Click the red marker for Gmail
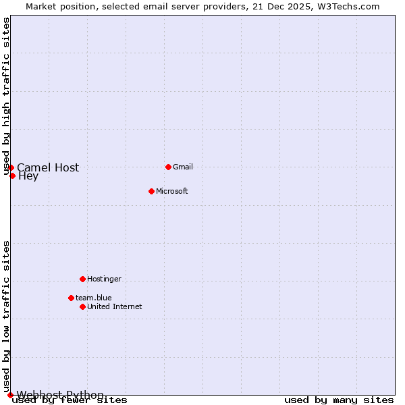[x=168, y=167]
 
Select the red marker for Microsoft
[x=151, y=191]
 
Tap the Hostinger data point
[x=82, y=279]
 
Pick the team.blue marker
[x=71, y=298]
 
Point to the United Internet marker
[x=82, y=306]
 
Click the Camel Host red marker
[x=11, y=167]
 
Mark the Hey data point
[x=12, y=175]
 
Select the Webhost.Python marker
[x=10, y=395]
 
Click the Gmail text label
[x=183, y=167]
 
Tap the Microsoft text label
[x=172, y=191]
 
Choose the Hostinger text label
[x=104, y=279]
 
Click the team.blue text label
[x=94, y=298]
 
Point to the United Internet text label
[x=115, y=306]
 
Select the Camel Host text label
[x=48, y=167]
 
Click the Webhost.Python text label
[x=60, y=395]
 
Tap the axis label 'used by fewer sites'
[x=70, y=400]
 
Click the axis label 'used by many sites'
[x=339, y=400]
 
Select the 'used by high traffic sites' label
[x=6, y=96]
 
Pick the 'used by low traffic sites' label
[x=6, y=316]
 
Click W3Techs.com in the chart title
[x=348, y=6]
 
